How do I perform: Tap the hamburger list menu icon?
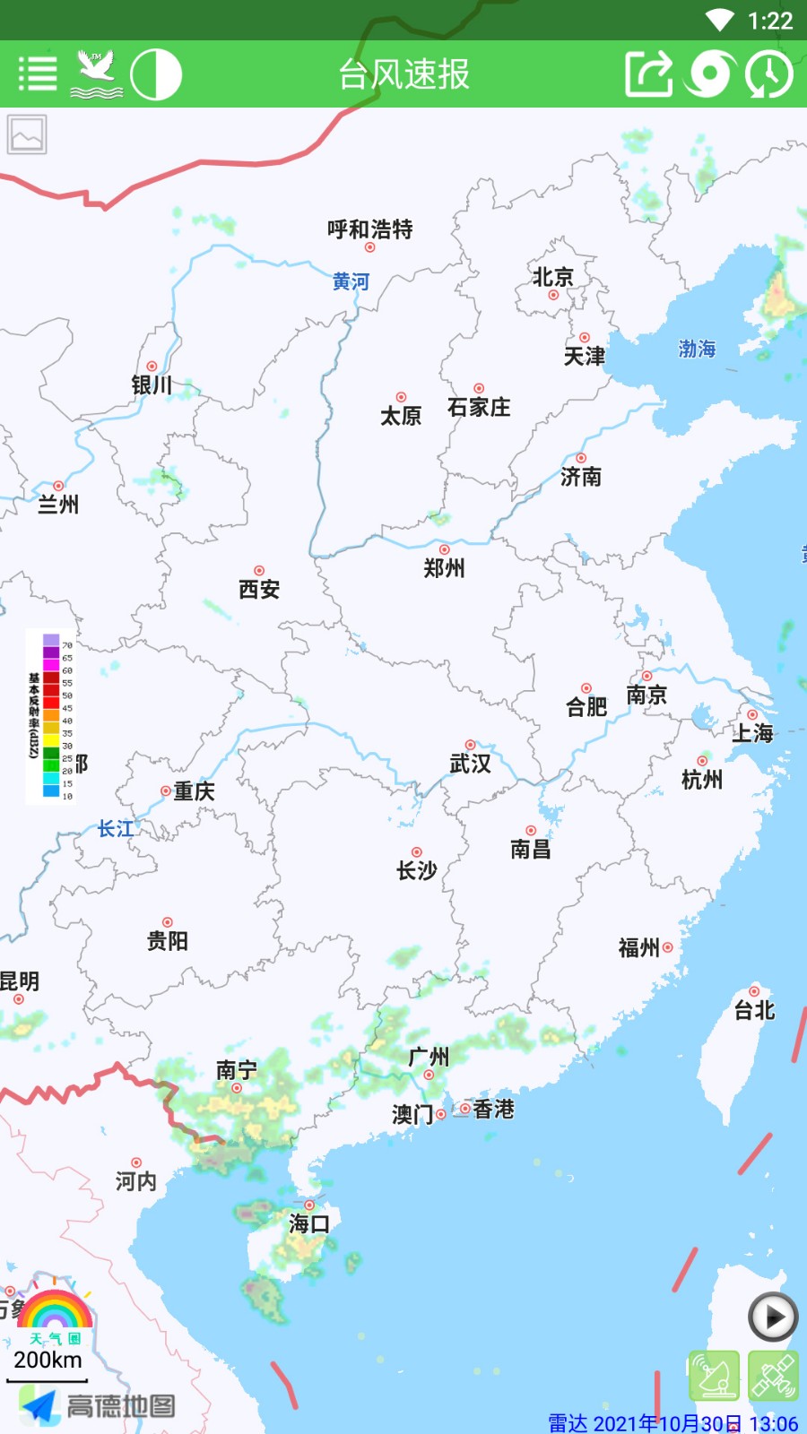(x=38, y=74)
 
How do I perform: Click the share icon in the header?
(x=648, y=74)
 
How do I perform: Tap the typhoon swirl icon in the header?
(x=709, y=74)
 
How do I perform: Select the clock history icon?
(x=768, y=74)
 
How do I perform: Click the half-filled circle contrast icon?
(x=156, y=74)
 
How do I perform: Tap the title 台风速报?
(x=403, y=74)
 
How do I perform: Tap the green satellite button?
(x=773, y=1376)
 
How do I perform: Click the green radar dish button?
(x=715, y=1376)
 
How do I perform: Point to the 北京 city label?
(x=552, y=277)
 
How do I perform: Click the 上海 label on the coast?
(x=752, y=733)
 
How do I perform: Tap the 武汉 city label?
(x=470, y=764)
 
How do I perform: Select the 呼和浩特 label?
(x=369, y=229)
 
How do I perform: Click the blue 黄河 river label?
(x=351, y=281)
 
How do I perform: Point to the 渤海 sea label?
(x=697, y=349)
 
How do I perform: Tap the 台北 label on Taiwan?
(x=754, y=1011)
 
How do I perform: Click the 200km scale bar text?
(x=48, y=1360)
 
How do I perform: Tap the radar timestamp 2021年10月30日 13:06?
(x=672, y=1423)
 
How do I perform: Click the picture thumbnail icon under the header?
(x=27, y=134)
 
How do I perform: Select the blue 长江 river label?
(x=116, y=829)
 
